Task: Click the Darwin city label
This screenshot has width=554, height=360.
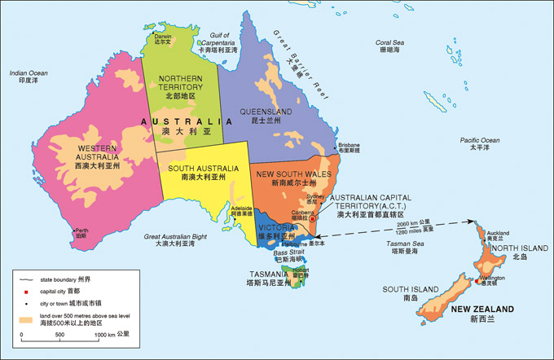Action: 164,36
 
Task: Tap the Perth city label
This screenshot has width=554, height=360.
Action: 81,230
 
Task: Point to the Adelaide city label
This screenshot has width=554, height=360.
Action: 242,209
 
